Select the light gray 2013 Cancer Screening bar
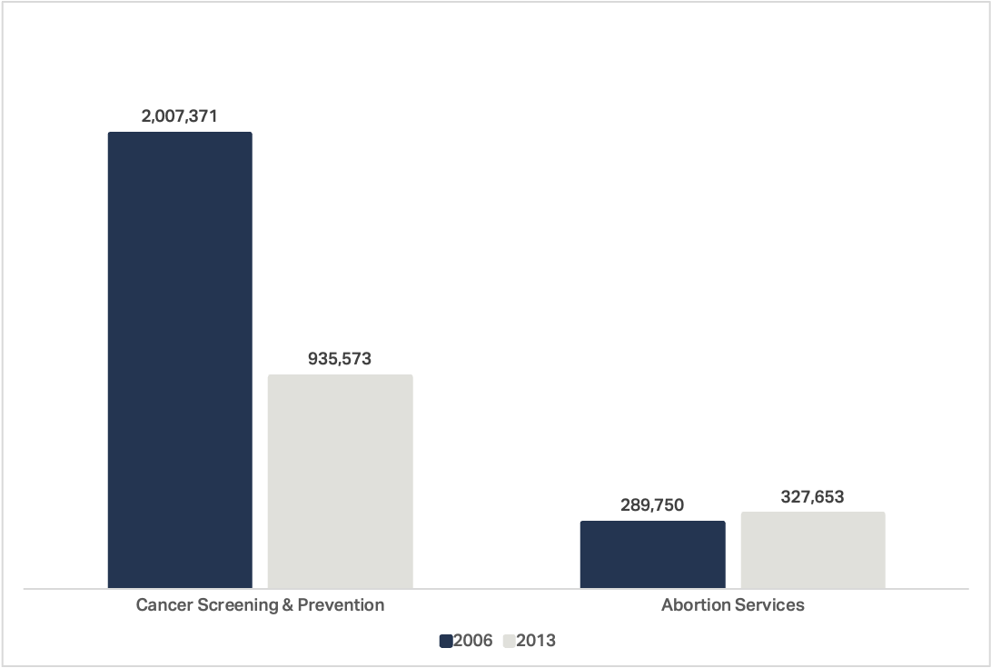[x=340, y=481]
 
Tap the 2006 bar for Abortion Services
[x=652, y=554]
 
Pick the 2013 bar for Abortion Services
[x=813, y=550]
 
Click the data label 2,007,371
[x=179, y=116]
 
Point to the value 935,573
[x=340, y=359]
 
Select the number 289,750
[x=652, y=505]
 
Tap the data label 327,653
[x=812, y=496]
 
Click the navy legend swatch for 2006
[x=445, y=641]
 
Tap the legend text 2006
[x=472, y=641]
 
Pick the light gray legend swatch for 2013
[x=509, y=641]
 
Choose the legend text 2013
[x=536, y=641]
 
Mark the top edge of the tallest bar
[x=180, y=133]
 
